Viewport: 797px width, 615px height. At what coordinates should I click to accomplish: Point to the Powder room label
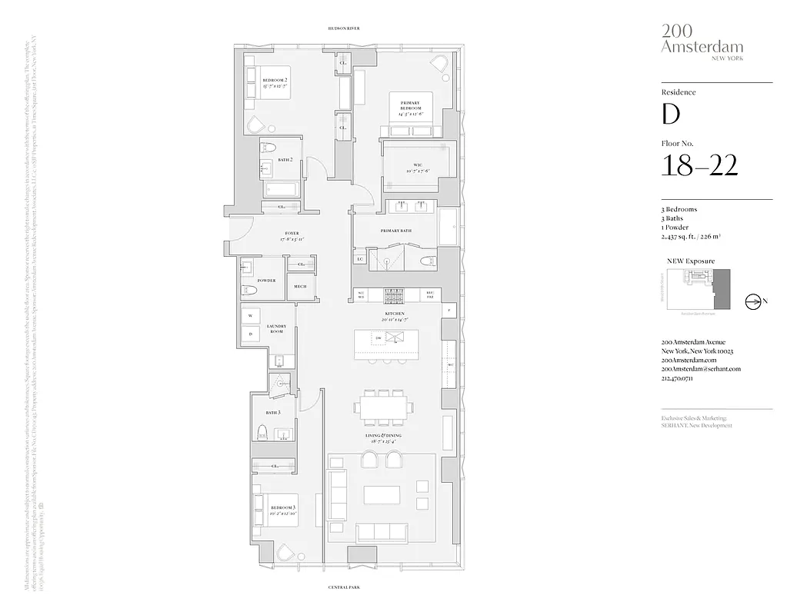[x=266, y=281]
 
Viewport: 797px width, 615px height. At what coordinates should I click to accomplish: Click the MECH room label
[x=299, y=287]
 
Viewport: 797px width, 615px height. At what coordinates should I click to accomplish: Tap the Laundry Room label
[x=276, y=328]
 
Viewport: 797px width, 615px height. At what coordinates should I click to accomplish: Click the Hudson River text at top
[x=343, y=28]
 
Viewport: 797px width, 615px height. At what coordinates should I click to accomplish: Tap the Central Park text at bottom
[x=343, y=588]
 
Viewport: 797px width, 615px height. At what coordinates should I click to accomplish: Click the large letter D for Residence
[x=671, y=115]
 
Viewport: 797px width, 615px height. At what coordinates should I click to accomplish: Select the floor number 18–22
[x=699, y=165]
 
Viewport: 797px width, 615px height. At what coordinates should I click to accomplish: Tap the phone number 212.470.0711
[x=682, y=378]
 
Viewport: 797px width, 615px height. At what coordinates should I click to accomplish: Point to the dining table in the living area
[x=382, y=406]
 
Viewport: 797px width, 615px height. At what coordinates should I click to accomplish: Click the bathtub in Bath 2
[x=281, y=189]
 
